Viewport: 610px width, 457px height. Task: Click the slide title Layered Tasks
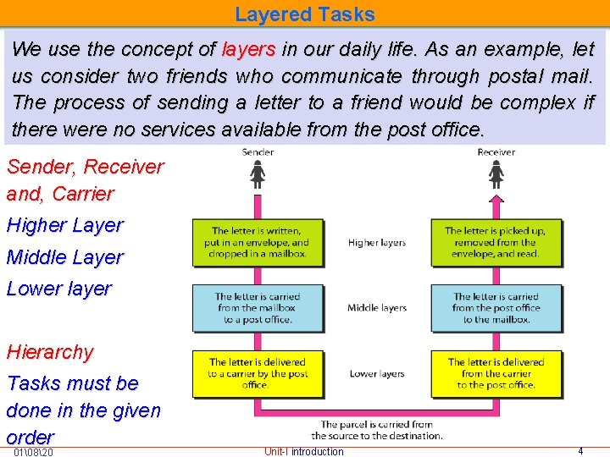click(x=304, y=14)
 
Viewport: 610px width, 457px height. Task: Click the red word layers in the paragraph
click(x=248, y=49)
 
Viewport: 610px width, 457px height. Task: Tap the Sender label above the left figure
click(x=258, y=152)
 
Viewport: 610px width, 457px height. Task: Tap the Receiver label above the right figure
click(x=496, y=152)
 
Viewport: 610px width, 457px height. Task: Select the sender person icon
click(x=258, y=175)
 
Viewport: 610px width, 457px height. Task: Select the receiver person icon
click(x=496, y=175)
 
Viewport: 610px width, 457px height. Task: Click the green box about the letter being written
click(x=258, y=243)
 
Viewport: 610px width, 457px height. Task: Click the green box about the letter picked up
click(x=496, y=243)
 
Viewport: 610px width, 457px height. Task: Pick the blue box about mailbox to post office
click(x=258, y=308)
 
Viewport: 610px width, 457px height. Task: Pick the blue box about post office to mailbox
click(x=496, y=308)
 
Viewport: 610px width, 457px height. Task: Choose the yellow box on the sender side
click(x=258, y=373)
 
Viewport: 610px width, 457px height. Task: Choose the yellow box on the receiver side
click(x=496, y=373)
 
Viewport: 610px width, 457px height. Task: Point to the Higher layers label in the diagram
click(x=377, y=243)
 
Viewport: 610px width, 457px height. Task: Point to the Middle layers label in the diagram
click(x=377, y=308)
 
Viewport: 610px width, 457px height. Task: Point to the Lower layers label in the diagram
click(x=377, y=373)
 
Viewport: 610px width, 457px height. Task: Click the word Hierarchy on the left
click(x=50, y=352)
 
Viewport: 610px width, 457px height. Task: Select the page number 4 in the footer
click(x=580, y=451)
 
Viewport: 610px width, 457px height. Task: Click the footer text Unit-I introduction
click(x=304, y=451)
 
